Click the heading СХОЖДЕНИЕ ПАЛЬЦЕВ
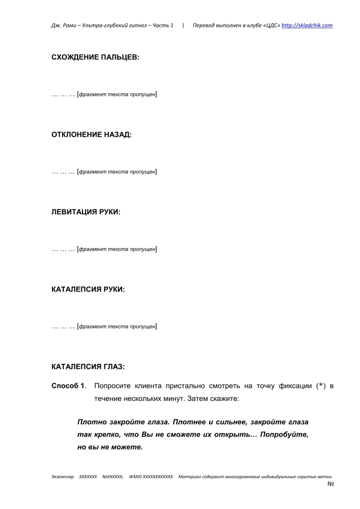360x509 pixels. [95, 56]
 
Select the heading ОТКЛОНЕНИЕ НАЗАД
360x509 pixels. [91, 134]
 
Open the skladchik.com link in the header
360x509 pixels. [307, 25]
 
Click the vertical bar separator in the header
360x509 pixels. [183, 25]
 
